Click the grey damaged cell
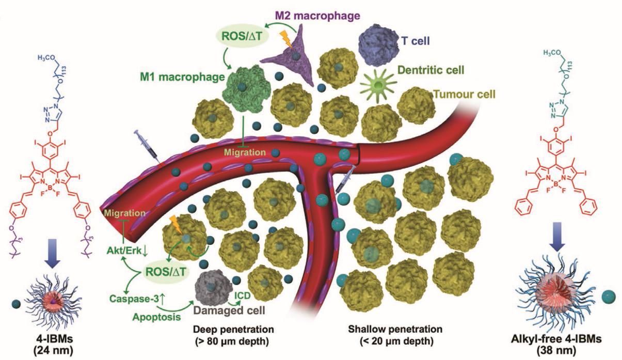point(215,284)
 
